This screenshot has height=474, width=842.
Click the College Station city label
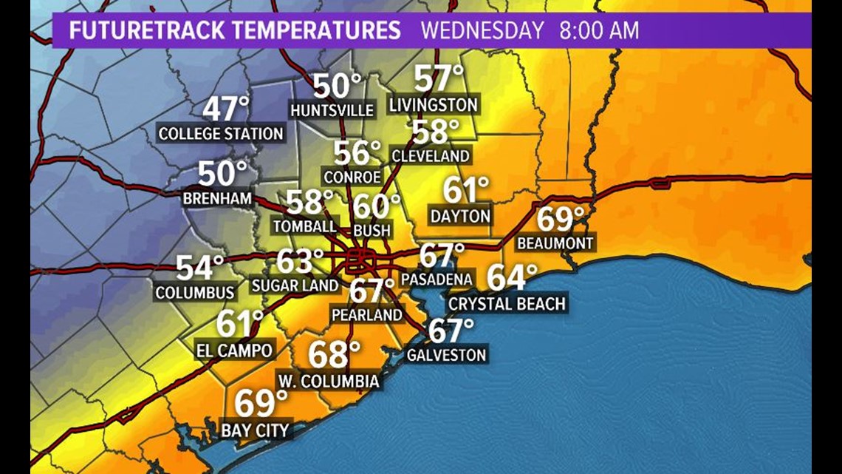[x=221, y=134]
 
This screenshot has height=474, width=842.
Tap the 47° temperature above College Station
[x=226, y=109]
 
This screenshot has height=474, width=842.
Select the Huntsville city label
[x=332, y=110]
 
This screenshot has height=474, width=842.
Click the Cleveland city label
[x=431, y=156]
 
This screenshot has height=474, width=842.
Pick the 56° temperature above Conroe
[x=357, y=153]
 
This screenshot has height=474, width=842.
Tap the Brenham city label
[x=218, y=199]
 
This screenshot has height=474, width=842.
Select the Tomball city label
[x=304, y=226]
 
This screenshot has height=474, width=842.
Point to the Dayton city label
[x=459, y=216]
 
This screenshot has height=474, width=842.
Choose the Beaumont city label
[x=555, y=243]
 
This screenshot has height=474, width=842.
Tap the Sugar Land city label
[x=295, y=285]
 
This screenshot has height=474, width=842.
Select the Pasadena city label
[x=437, y=280]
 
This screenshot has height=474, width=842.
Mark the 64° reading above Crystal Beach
[x=511, y=279]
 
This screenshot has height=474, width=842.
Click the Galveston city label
[x=446, y=355]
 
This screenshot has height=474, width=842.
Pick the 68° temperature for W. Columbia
[x=334, y=355]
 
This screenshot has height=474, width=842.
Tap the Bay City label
[x=256, y=430]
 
